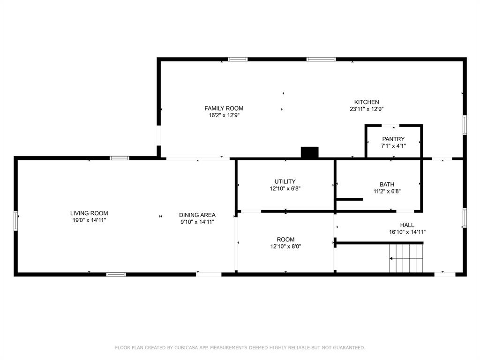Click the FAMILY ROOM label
[224, 108]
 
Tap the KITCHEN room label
[366, 102]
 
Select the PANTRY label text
[393, 139]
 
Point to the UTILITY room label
[285, 182]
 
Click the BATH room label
[387, 184]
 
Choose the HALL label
[407, 225]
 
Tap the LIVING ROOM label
[89, 213]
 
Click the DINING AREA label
[197, 215]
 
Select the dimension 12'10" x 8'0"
[285, 246]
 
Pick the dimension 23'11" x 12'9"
[366, 109]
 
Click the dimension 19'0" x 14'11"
[89, 220]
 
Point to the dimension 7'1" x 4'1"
[393, 146]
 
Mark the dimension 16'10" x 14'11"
[407, 232]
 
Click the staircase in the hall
[406, 258]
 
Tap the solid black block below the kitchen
[309, 152]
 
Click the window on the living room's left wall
[15, 220]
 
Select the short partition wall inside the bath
[350, 199]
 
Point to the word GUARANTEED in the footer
[347, 348]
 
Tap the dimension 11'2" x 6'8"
[387, 191]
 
